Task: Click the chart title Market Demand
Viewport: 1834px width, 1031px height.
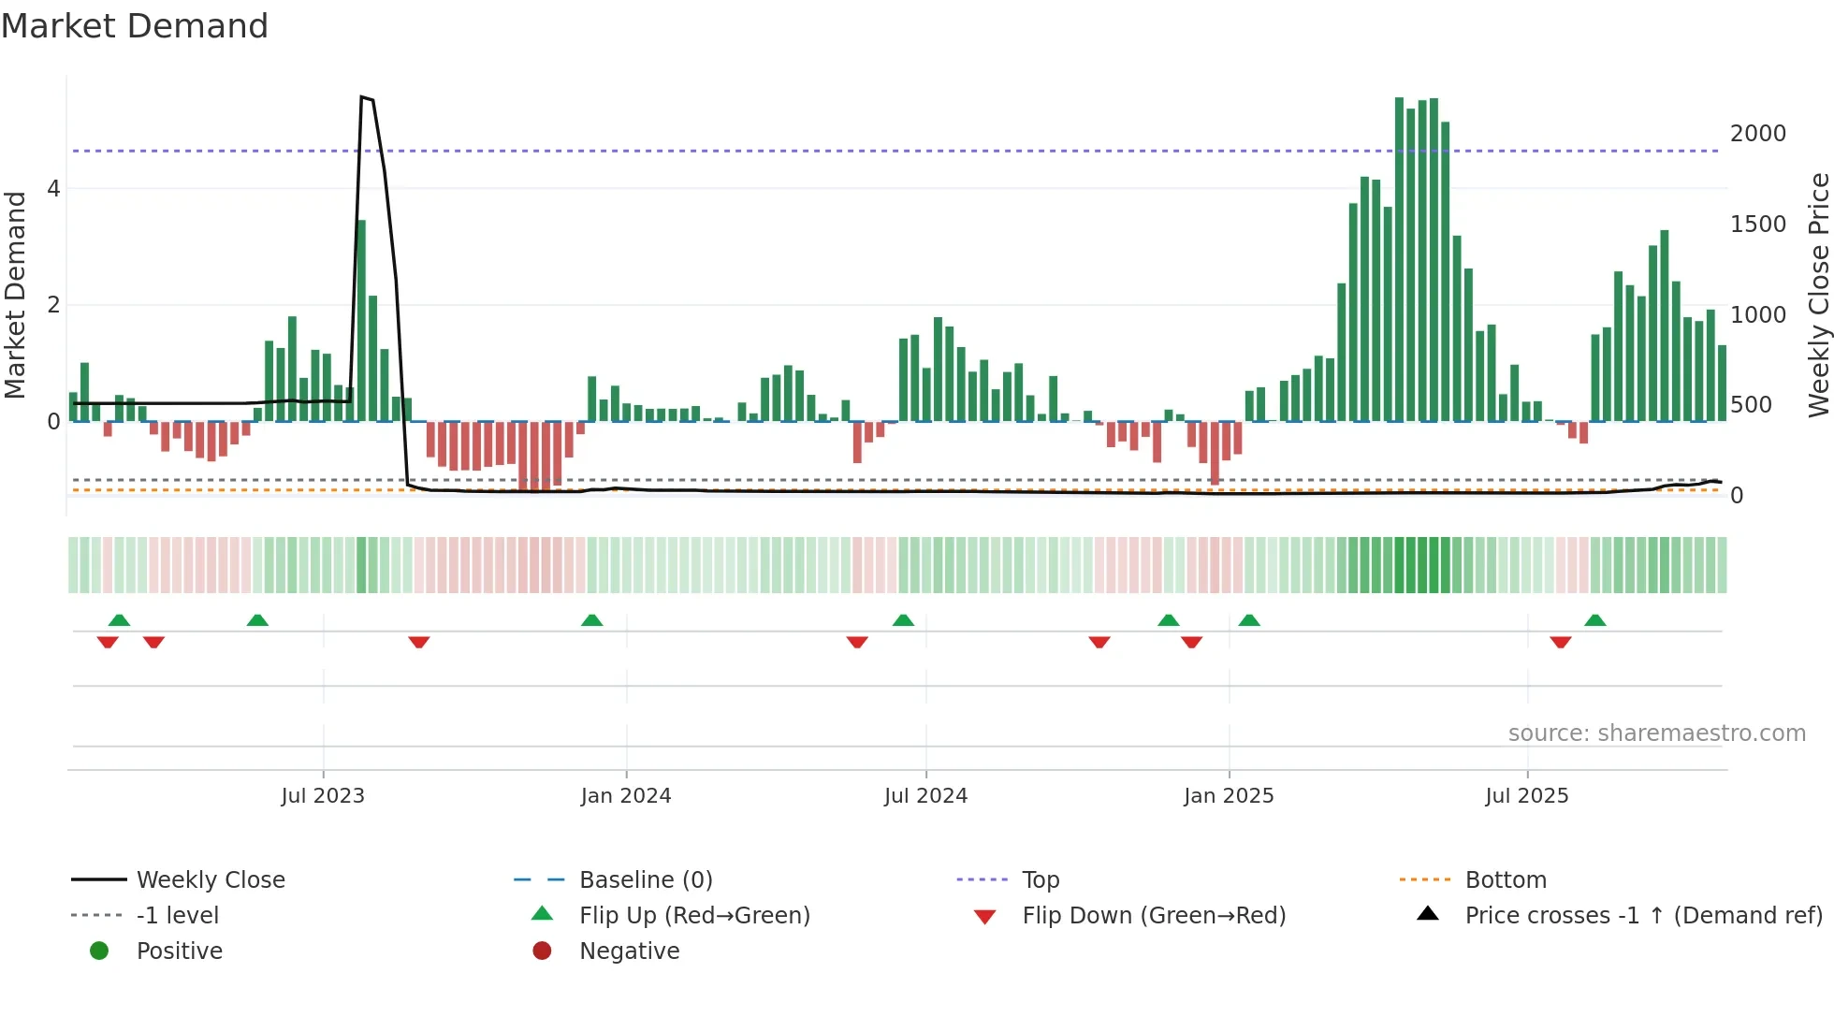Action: [x=135, y=26]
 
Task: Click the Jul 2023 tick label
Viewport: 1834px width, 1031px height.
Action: [x=323, y=796]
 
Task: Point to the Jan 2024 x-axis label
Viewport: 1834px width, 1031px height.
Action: [x=626, y=796]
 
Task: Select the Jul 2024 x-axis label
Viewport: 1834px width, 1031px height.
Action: [x=925, y=796]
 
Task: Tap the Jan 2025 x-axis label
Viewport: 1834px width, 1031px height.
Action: [x=1229, y=796]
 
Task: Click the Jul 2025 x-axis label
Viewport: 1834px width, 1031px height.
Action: [x=1527, y=796]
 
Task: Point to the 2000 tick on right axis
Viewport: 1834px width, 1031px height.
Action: [x=1757, y=134]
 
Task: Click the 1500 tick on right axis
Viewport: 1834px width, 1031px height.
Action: [x=1757, y=225]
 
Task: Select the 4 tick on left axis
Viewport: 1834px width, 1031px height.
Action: [x=53, y=189]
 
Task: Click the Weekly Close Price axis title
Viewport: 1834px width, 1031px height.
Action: [x=1818, y=295]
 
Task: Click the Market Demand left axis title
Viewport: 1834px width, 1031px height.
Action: [x=16, y=295]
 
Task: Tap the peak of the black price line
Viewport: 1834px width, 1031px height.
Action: [x=362, y=97]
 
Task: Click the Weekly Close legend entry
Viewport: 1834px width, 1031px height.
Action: [x=211, y=880]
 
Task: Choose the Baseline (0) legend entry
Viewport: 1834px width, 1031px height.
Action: [x=646, y=880]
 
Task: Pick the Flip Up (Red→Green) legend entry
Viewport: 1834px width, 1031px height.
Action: [x=694, y=916]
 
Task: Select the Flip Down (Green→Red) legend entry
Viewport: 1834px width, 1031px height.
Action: [x=1154, y=916]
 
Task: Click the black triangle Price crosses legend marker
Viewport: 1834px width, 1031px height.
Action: [x=1428, y=914]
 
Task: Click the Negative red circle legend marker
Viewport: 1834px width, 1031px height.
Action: [x=542, y=951]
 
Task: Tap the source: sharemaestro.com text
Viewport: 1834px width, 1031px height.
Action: [x=1656, y=733]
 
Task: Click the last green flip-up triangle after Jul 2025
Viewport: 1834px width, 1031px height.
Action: [x=1595, y=620]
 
